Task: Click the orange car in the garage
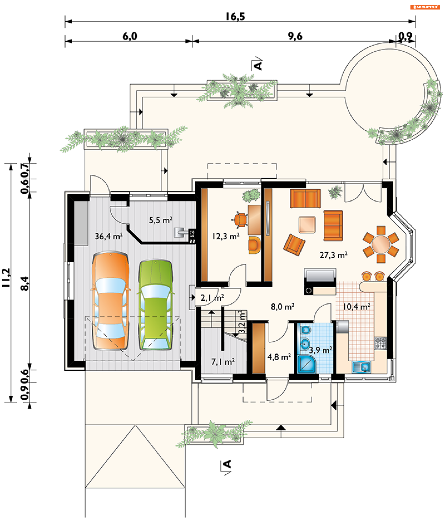111,300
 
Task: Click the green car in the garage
156,305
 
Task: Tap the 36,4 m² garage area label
109,236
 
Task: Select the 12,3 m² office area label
226,236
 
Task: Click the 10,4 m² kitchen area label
356,307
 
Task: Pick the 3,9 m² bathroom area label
321,350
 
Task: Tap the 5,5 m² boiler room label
161,220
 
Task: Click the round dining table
381,244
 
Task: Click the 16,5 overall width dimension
235,17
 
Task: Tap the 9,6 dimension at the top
295,36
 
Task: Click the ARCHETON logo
425,7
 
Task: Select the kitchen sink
362,367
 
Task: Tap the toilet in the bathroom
306,330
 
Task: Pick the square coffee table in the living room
307,225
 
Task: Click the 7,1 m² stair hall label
223,362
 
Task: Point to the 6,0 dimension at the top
130,36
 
